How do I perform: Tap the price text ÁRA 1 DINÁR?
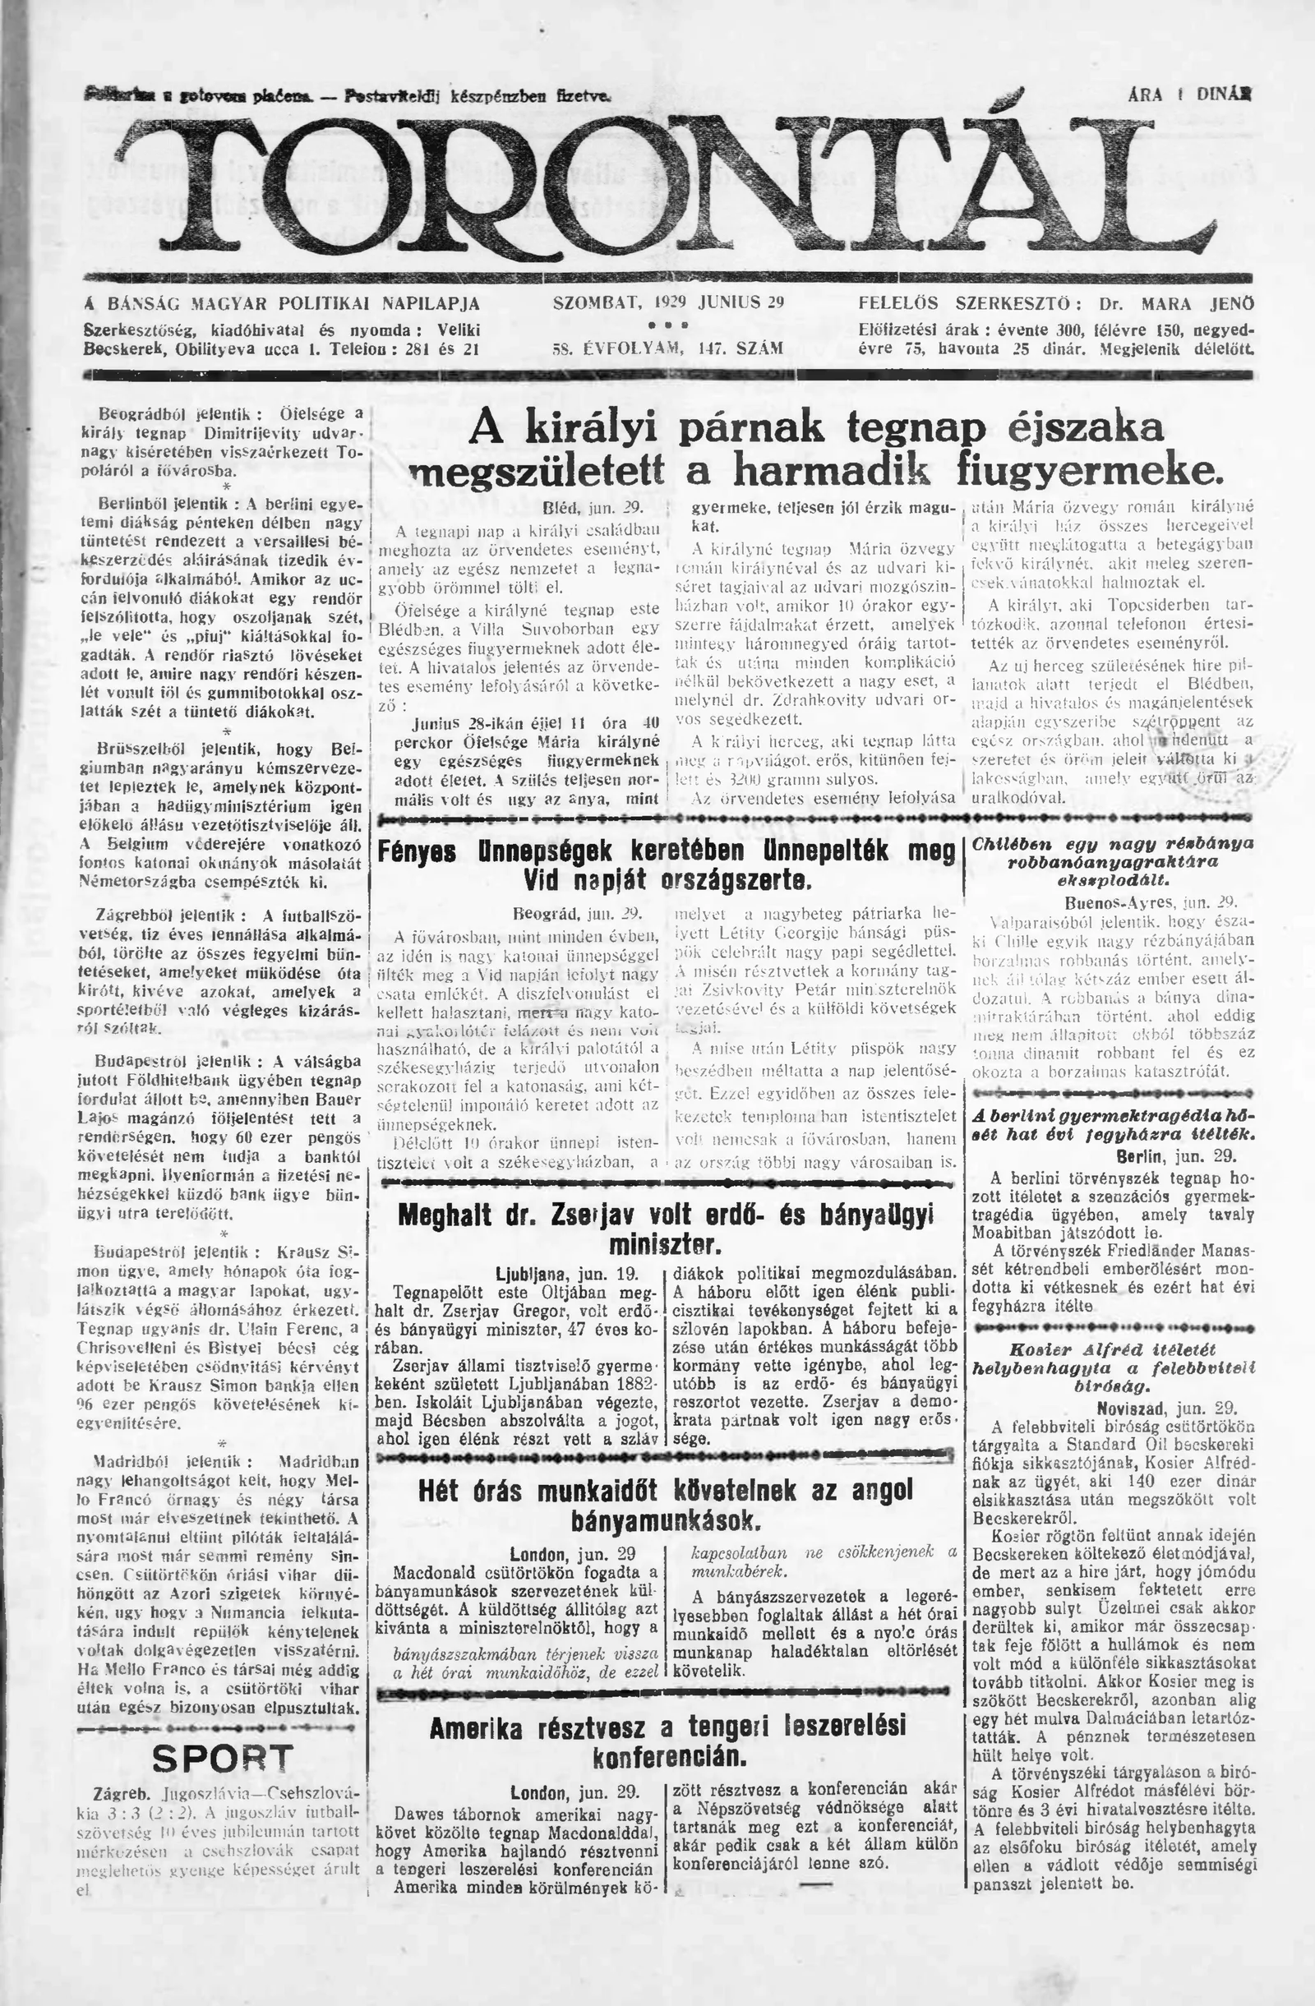pos(1188,96)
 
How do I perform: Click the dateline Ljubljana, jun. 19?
pos(568,1273)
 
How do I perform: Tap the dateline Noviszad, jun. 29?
pos(1166,1407)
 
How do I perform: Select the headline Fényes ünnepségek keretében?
pos(665,865)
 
